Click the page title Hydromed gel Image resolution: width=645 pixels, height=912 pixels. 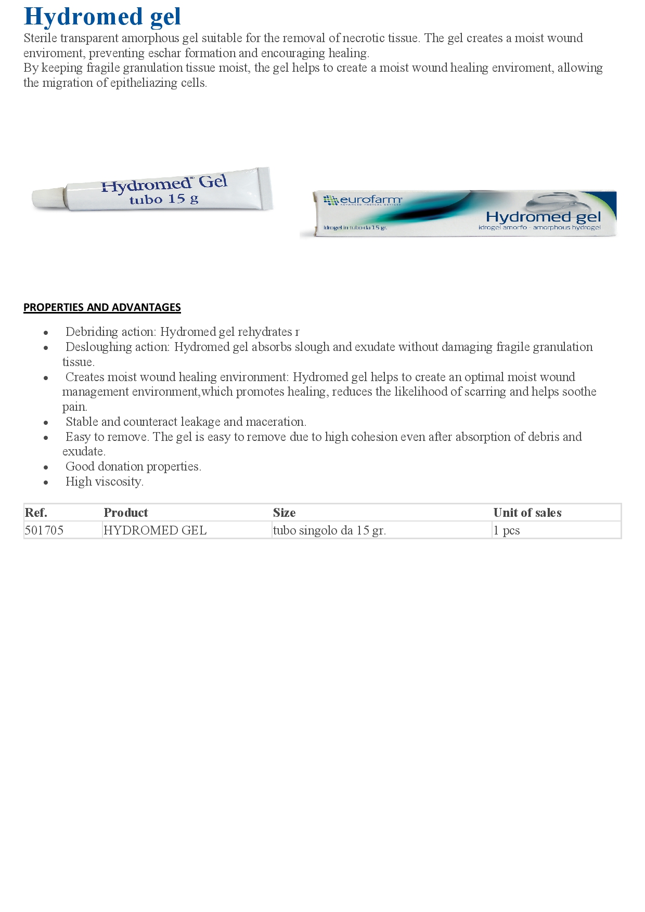[x=102, y=17]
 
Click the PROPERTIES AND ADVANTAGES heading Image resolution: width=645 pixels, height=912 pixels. [x=102, y=307]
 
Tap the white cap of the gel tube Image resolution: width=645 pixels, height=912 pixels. [x=48, y=198]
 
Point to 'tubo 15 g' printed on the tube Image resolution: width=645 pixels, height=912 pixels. [x=164, y=199]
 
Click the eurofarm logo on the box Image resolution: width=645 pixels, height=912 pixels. [x=363, y=200]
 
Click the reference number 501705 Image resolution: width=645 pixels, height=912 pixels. [x=44, y=530]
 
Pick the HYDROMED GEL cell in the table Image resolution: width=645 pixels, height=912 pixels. [x=155, y=530]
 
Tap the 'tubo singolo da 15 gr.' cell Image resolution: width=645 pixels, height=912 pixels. [x=329, y=530]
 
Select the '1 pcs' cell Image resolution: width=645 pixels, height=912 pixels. [x=507, y=530]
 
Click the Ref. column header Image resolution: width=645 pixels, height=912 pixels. [x=36, y=513]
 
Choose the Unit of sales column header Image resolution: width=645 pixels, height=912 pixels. [x=527, y=513]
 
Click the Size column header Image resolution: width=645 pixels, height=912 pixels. [x=284, y=513]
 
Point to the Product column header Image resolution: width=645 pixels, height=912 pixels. [x=126, y=513]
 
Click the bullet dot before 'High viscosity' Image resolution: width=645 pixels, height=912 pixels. [x=46, y=483]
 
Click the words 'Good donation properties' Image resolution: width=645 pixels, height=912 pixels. [x=133, y=466]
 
